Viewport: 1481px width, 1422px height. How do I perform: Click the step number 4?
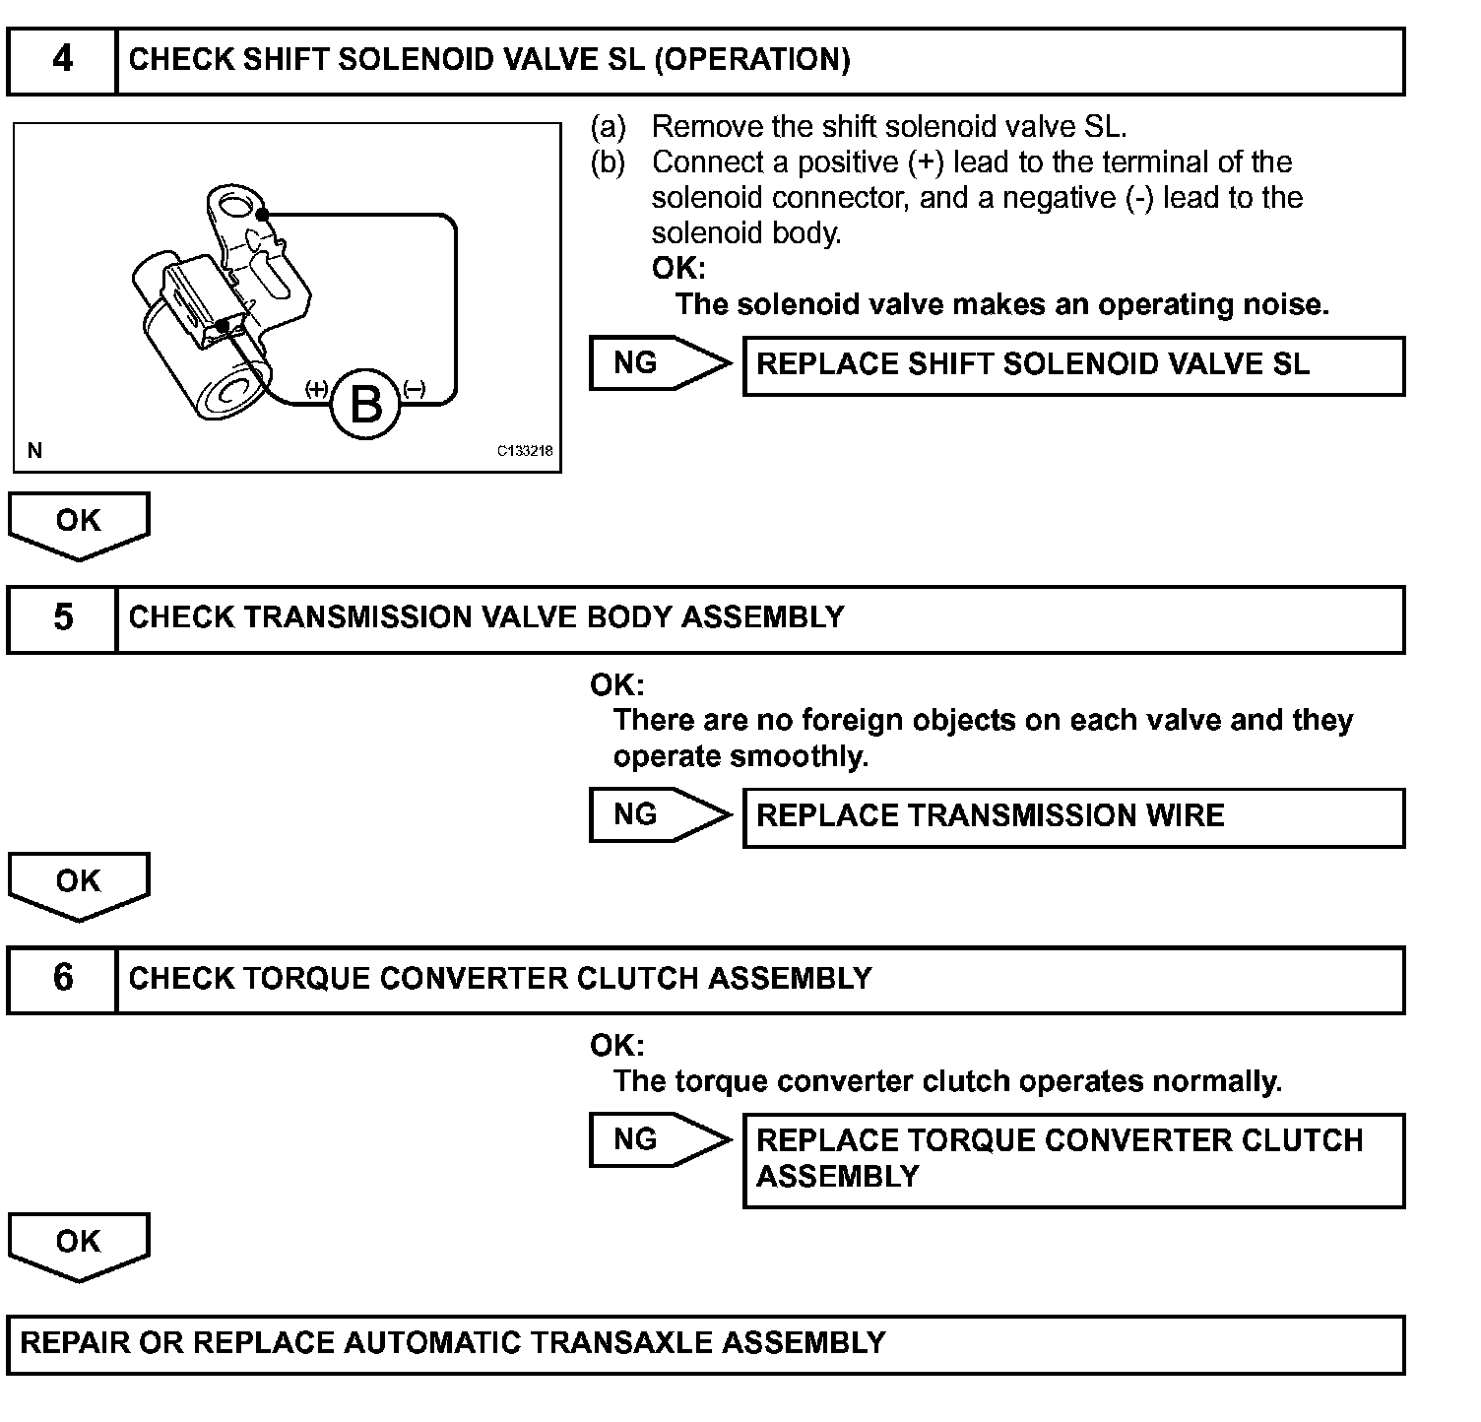[62, 60]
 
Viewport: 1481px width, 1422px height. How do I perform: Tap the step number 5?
[62, 618]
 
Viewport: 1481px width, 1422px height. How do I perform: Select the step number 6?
[62, 979]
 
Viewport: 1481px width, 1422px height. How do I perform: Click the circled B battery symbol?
[366, 404]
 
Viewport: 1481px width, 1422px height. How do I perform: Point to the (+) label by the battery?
[316, 389]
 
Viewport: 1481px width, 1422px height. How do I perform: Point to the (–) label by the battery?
[415, 389]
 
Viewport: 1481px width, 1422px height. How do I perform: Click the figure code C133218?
[524, 452]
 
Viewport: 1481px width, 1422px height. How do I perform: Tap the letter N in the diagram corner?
[35, 451]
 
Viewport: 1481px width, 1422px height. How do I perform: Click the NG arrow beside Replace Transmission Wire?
[658, 815]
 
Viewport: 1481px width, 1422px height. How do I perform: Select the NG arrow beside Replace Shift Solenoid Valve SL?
[658, 363]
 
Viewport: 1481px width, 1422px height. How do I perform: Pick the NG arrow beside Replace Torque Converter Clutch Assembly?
[658, 1140]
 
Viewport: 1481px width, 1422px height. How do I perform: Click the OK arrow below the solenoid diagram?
[79, 523]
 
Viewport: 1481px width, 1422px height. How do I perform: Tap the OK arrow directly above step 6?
[79, 883]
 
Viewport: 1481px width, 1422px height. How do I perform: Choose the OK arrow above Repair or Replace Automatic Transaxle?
[79, 1244]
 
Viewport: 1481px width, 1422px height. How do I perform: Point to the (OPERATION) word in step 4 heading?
[751, 60]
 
